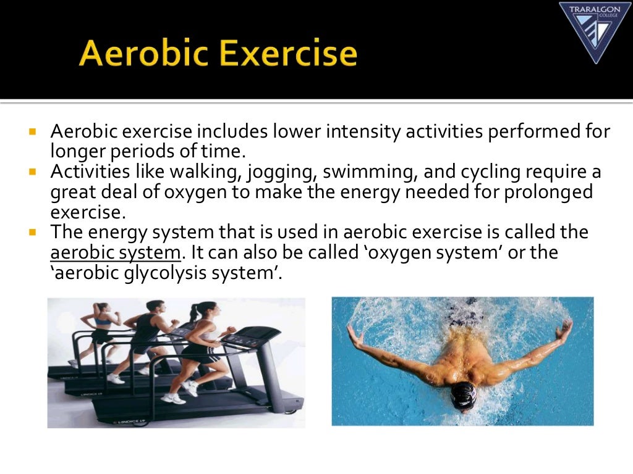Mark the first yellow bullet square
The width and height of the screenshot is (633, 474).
click(33, 131)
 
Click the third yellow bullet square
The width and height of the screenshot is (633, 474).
click(33, 232)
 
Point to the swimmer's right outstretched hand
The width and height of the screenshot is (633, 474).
click(353, 334)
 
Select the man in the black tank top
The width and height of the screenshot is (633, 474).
click(149, 333)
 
